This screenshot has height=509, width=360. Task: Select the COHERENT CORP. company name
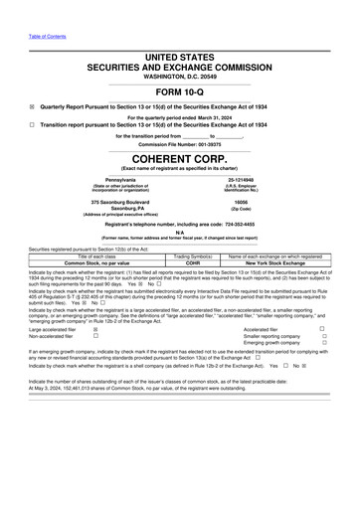coord(179,157)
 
